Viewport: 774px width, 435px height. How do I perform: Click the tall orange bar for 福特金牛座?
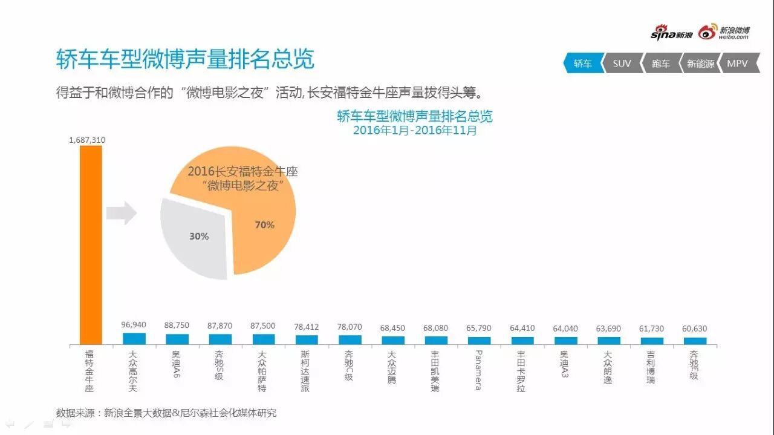coord(91,244)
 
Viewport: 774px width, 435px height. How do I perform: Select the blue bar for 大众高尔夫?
coord(134,339)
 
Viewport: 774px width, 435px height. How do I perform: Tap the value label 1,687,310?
coord(87,140)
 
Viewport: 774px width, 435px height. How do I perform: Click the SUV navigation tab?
coord(621,64)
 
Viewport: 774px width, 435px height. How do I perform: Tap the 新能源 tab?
coord(700,64)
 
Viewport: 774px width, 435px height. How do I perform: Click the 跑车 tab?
coord(660,64)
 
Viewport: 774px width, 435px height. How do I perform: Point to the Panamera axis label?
coord(478,369)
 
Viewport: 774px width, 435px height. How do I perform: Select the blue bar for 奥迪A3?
coord(565,341)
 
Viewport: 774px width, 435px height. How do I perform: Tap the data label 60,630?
coord(695,329)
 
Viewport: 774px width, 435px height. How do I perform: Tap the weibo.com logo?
coord(724,33)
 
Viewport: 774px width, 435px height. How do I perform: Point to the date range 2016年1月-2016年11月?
coord(415,130)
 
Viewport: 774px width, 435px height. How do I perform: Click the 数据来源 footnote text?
coord(166,413)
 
